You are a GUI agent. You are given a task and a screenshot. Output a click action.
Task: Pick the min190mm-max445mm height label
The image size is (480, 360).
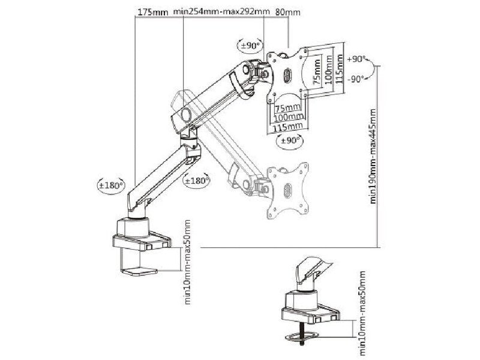(373, 157)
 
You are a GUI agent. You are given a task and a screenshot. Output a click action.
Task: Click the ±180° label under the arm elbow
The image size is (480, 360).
(196, 180)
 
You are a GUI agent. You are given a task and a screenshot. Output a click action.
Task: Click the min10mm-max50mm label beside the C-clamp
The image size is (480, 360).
(188, 262)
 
